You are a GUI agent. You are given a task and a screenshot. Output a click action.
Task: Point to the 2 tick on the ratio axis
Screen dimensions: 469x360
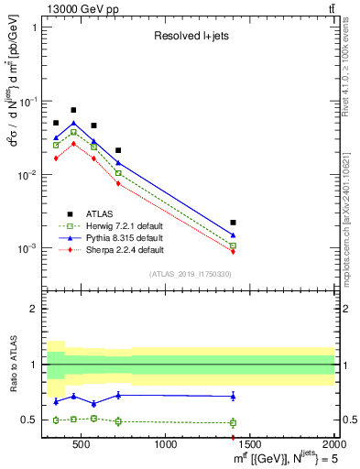33,309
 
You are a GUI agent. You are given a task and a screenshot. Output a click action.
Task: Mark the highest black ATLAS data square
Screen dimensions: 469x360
73,110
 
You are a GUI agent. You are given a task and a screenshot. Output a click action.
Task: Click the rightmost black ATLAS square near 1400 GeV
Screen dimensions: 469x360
234,223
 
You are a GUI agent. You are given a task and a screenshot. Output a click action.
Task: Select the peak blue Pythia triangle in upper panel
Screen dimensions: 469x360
73,123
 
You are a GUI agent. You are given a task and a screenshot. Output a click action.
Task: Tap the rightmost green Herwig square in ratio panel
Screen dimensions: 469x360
234,423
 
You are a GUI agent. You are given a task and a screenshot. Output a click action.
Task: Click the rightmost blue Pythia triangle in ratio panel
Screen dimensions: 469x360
234,396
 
